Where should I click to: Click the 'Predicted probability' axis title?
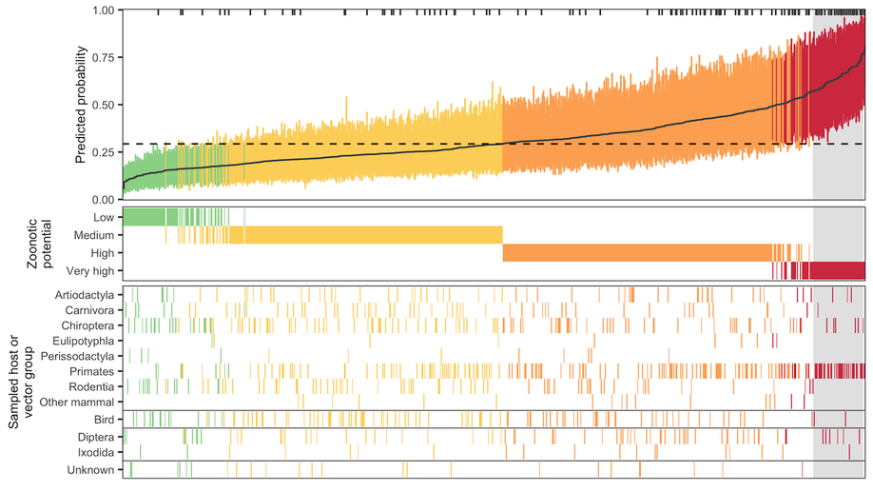click(x=81, y=105)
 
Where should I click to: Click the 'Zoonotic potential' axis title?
click(x=39, y=244)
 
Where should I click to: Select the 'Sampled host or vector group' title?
click(x=21, y=382)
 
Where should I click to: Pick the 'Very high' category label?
click(x=90, y=271)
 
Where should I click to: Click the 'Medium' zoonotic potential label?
click(x=94, y=236)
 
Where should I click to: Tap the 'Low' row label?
click(x=104, y=218)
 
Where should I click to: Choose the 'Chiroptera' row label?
click(x=88, y=326)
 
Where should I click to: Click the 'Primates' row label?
click(x=92, y=372)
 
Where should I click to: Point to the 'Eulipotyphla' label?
click(x=84, y=341)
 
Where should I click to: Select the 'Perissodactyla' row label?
click(x=77, y=357)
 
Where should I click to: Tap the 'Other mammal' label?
click(x=77, y=403)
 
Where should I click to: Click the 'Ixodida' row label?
click(x=96, y=452)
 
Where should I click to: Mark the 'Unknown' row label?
click(x=90, y=470)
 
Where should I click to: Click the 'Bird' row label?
click(x=104, y=420)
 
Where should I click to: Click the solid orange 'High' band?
click(x=637, y=253)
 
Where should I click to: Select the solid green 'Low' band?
click(x=145, y=217)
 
